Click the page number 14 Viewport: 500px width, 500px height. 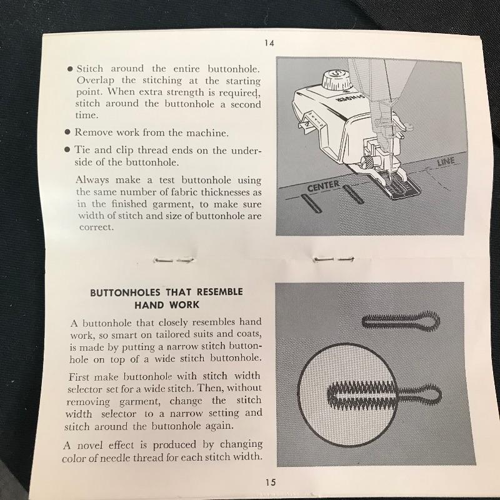coord(269,42)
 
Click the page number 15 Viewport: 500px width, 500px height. coord(270,482)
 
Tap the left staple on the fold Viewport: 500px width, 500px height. coord(174,260)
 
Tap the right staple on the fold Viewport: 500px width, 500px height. coord(334,259)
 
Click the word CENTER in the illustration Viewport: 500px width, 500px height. coord(323,186)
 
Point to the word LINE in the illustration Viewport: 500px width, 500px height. coord(446,162)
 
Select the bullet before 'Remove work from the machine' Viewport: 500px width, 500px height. coord(67,132)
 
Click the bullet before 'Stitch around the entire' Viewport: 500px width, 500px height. coord(70,69)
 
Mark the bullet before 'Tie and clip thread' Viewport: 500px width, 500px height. coord(67,149)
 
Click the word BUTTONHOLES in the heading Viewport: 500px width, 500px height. coord(125,292)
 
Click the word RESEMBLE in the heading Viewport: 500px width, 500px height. coord(220,292)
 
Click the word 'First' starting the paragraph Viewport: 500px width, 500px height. coord(80,377)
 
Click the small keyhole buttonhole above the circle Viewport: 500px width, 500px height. coord(401,321)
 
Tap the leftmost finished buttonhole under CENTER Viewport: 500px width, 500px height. coord(311,204)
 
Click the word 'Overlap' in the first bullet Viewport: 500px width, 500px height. coord(96,81)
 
